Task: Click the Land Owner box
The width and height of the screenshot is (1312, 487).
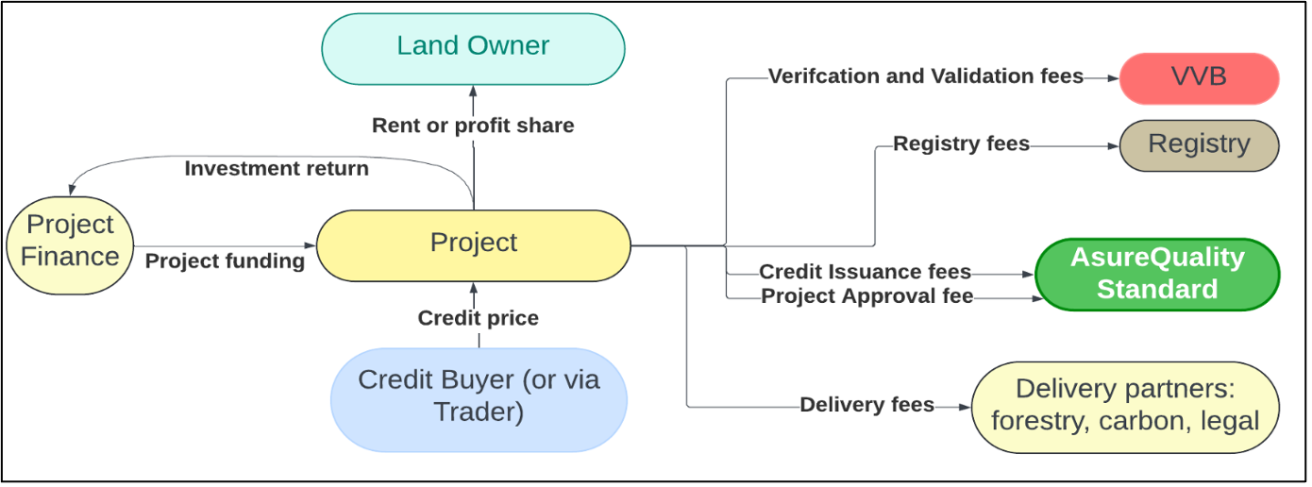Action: [473, 49]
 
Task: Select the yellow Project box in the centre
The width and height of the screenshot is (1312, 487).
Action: [473, 245]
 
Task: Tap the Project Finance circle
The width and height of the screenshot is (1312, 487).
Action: [70, 245]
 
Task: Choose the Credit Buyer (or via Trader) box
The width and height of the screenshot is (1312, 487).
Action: [479, 400]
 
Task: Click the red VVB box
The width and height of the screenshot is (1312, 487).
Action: [1199, 78]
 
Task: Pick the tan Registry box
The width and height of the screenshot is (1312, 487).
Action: [1199, 145]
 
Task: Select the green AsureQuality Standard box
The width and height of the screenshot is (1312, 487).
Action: [1157, 274]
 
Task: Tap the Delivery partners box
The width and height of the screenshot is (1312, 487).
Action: [1125, 407]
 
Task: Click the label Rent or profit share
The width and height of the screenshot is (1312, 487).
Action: [473, 126]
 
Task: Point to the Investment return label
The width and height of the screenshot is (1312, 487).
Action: [277, 169]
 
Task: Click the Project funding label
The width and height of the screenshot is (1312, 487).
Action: [225, 261]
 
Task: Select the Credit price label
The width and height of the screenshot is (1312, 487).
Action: [478, 318]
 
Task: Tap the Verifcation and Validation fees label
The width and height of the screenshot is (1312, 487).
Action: [925, 76]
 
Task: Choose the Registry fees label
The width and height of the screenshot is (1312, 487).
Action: [961, 143]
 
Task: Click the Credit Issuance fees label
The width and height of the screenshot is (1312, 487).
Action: [866, 272]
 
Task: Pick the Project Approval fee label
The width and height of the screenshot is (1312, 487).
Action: [866, 296]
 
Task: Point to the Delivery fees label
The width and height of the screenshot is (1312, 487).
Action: [866, 405]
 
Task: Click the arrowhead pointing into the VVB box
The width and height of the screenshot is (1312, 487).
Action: [1114, 78]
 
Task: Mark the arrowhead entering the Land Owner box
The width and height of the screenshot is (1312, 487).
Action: [473, 91]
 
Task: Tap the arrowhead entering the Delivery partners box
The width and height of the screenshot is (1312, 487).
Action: [966, 407]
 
